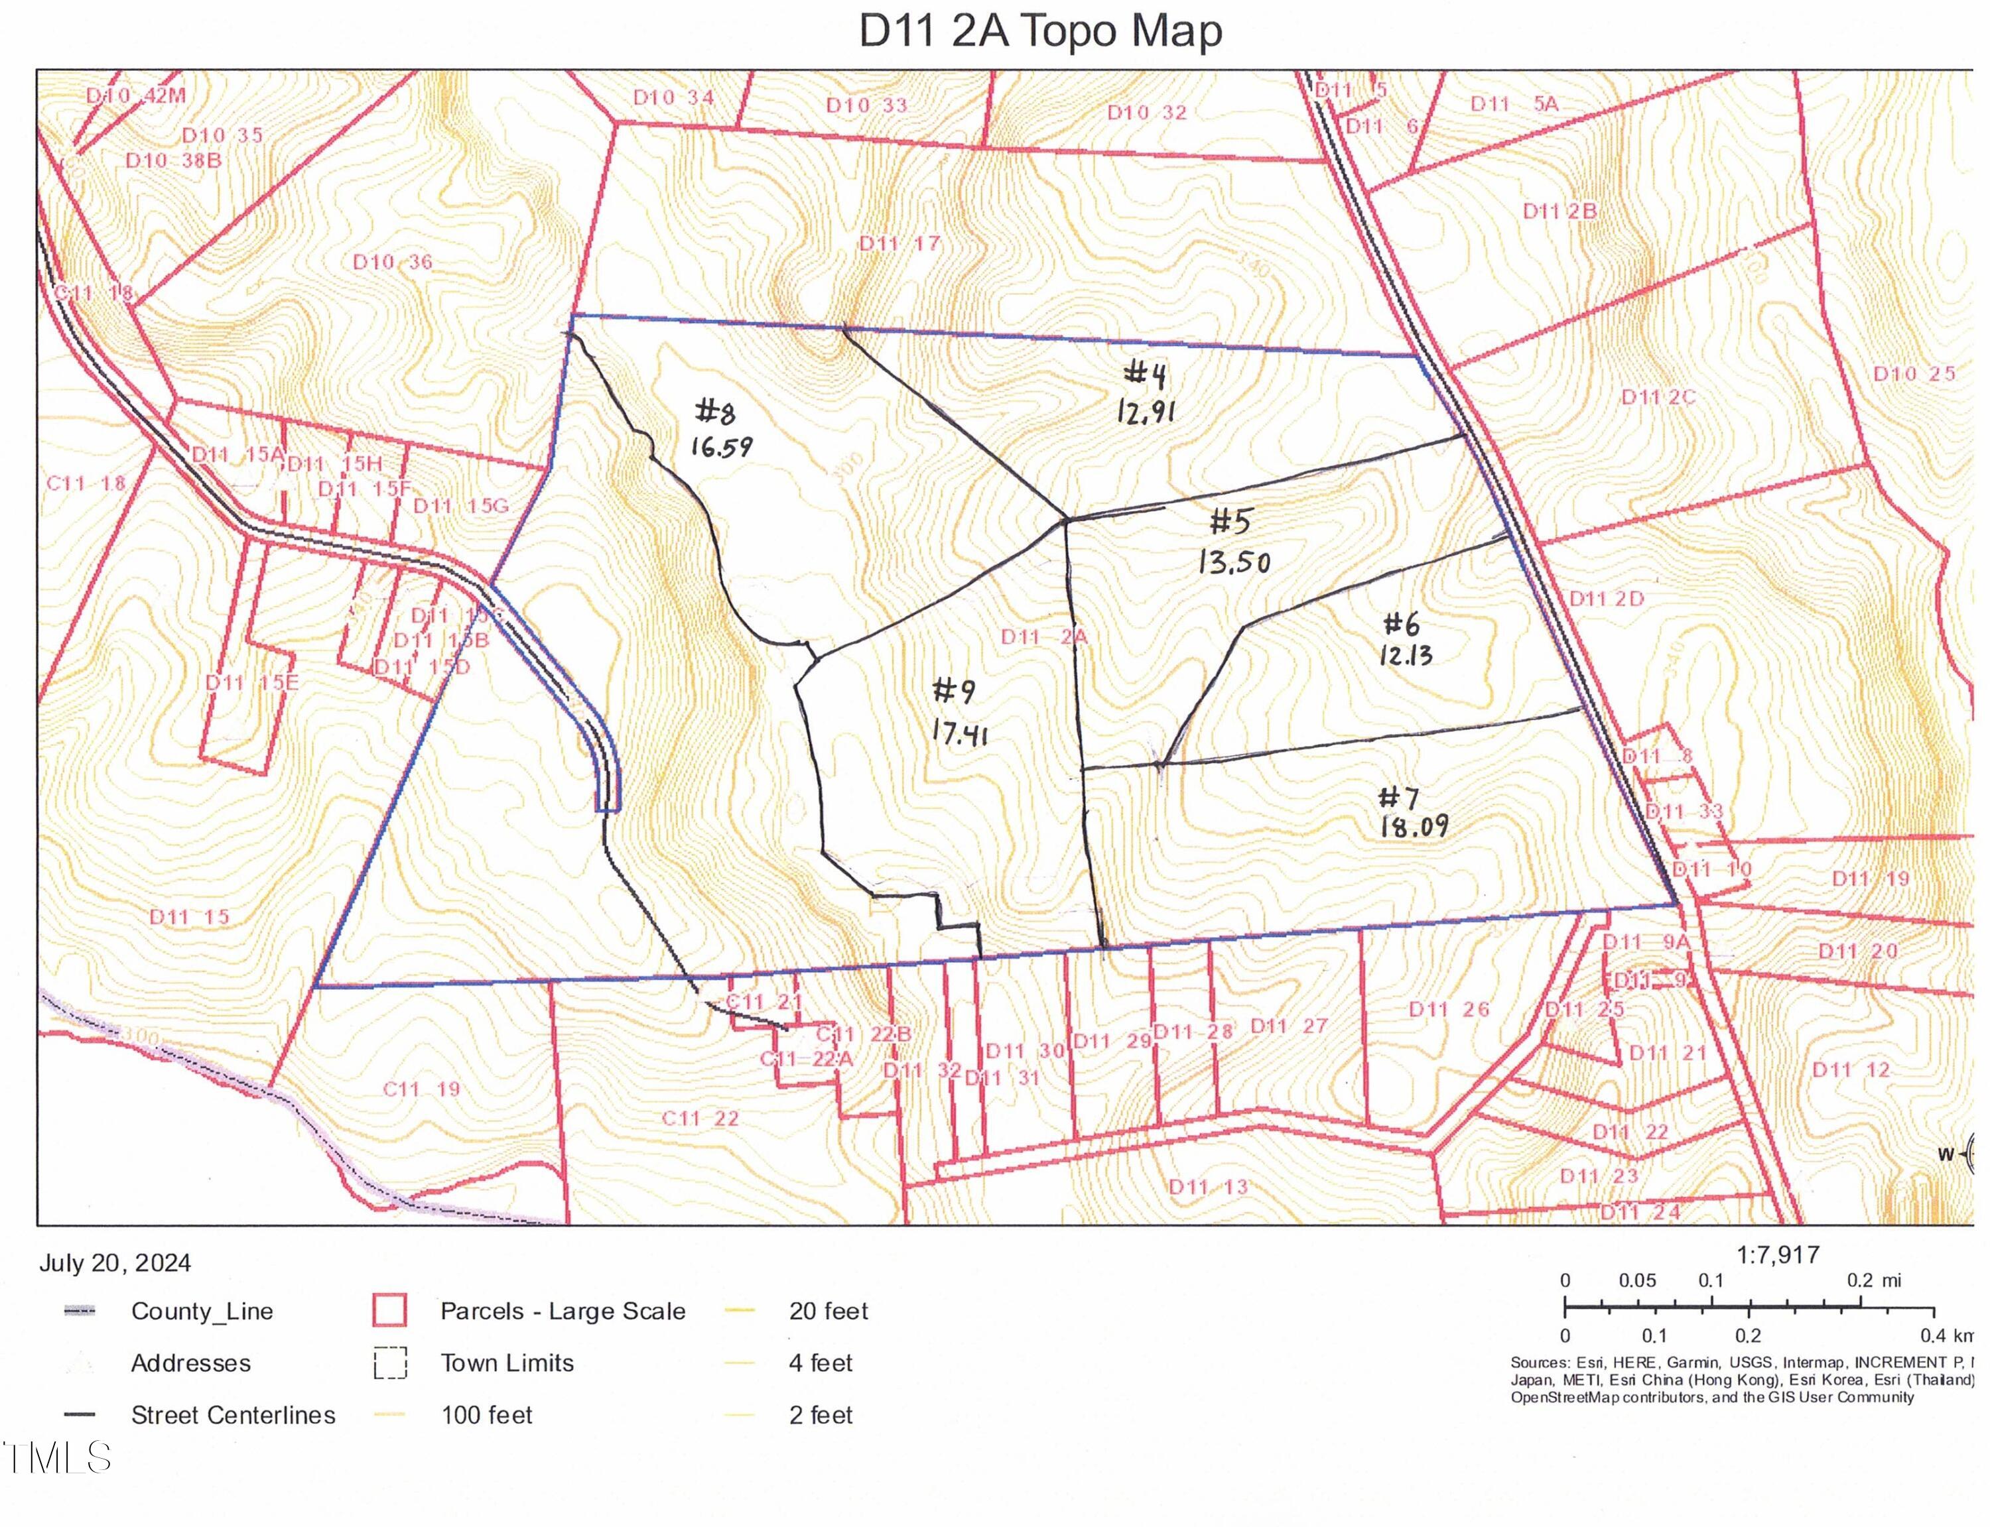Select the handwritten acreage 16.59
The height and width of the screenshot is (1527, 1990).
pos(721,447)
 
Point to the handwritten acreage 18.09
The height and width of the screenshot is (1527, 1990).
pos(1414,826)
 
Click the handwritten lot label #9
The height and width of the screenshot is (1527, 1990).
pos(954,692)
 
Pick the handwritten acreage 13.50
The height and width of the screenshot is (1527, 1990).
pos(1234,562)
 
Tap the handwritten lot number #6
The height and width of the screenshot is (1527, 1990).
pos(1401,625)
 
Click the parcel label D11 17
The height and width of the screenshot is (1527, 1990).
pos(899,243)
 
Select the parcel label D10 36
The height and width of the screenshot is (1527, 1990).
pos(392,263)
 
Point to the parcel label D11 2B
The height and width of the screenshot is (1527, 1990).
pos(1559,211)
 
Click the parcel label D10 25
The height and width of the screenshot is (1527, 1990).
pos(1914,373)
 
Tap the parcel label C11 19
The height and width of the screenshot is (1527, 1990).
pos(421,1089)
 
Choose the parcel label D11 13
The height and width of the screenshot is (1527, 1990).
pos(1207,1186)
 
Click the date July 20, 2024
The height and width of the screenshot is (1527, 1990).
pos(115,1262)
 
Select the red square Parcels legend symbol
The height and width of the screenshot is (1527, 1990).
pos(389,1311)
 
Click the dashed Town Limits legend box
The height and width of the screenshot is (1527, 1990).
pos(389,1363)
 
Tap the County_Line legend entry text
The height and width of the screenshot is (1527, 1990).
pos(202,1311)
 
